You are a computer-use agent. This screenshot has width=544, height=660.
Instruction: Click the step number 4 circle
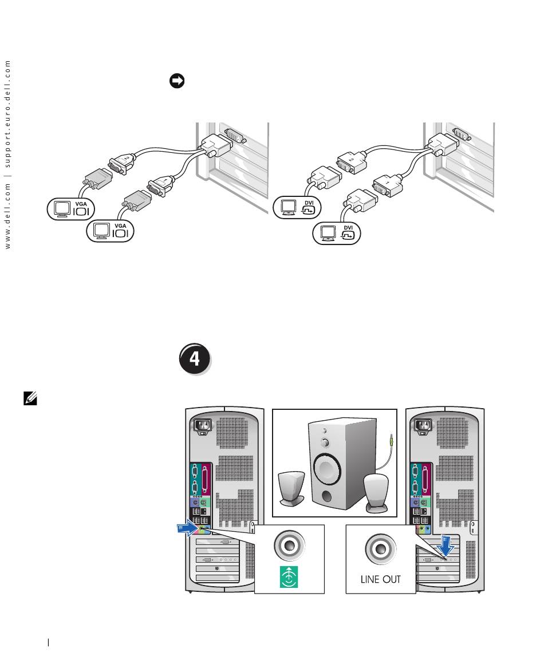(x=195, y=359)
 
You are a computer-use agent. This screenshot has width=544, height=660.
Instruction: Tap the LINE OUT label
(x=381, y=579)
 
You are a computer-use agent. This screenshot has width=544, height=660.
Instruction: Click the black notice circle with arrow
(x=176, y=82)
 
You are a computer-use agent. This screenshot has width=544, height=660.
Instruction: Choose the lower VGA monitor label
(x=110, y=231)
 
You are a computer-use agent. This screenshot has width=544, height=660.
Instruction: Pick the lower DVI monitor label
(x=337, y=233)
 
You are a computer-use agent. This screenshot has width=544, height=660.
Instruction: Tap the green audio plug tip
(x=391, y=440)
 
